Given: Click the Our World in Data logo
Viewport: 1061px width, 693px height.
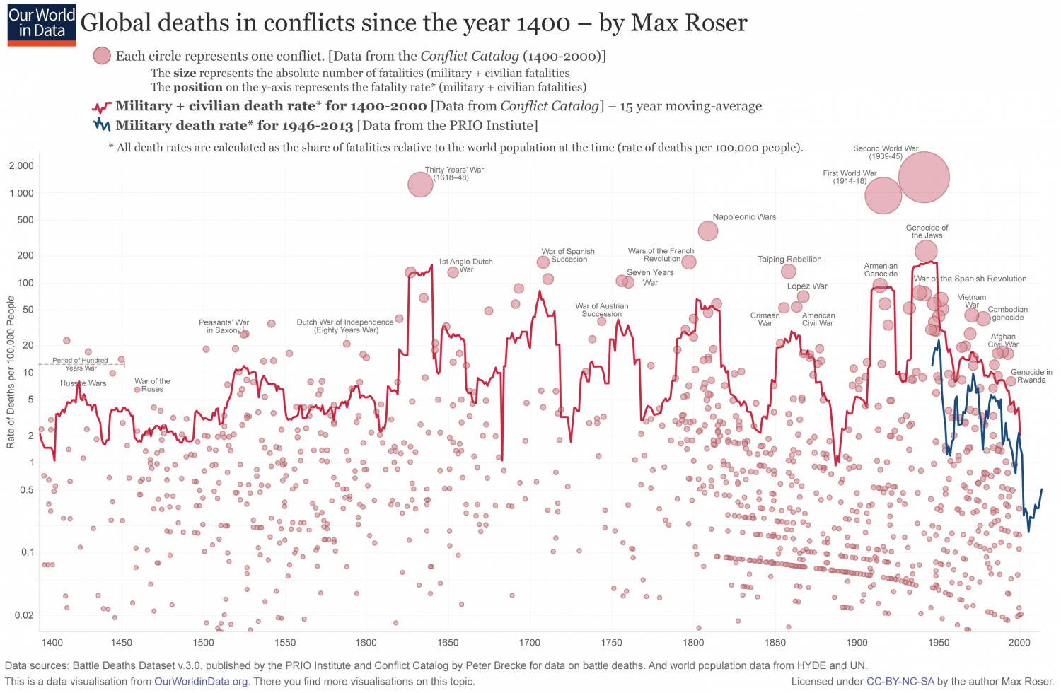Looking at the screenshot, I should [42, 25].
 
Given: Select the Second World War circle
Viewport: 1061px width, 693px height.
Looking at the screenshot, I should [924, 177].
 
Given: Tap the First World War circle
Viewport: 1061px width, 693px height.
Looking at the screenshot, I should [883, 195].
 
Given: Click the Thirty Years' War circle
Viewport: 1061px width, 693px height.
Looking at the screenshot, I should [420, 185].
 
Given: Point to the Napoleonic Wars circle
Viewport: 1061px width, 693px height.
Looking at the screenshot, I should [707, 231].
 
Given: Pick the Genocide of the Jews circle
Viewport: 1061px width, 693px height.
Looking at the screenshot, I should [926, 250].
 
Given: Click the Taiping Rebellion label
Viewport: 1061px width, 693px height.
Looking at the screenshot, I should [789, 260].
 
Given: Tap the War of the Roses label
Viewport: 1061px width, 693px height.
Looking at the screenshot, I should [152, 385].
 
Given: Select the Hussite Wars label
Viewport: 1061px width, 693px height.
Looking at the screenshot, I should [83, 383].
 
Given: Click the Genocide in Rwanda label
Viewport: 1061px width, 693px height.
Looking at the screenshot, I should [1031, 376].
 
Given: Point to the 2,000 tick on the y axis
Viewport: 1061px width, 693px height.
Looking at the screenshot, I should [21, 165].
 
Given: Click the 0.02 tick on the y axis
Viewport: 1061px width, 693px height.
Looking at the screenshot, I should [24, 615].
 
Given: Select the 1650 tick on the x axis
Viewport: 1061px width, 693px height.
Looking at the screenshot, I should [448, 643].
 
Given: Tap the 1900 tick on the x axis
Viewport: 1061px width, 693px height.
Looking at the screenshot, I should [857, 643].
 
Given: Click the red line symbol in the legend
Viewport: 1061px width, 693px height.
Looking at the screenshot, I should [102, 107].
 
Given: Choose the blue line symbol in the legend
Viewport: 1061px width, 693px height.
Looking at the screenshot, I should [102, 125].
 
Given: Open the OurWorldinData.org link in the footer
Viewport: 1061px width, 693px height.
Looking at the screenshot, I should [201, 682].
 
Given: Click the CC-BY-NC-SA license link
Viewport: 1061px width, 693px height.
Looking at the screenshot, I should [900, 682].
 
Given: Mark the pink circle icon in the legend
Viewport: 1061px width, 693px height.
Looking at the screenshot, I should [102, 56].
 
